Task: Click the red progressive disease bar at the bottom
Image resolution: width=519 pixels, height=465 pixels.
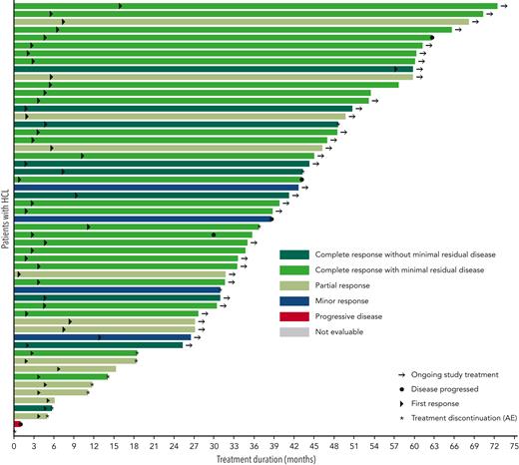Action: pos(17,424)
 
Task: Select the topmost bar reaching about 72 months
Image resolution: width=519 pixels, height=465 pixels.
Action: pos(250,6)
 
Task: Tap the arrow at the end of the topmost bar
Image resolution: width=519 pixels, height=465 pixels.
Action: pos(504,6)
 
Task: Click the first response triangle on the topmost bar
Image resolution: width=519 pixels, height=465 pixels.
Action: pos(121,6)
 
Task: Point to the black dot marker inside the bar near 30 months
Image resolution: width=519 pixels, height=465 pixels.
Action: pos(214,234)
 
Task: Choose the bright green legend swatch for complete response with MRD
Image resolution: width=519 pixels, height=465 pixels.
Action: pos(294,270)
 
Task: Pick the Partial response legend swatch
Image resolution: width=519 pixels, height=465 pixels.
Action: pos(294,285)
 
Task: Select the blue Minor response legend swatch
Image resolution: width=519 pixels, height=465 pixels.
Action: pos(294,300)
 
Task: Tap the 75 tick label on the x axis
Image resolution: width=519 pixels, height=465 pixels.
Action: pos(511,446)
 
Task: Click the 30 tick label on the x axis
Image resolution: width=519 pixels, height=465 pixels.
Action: pos(214,446)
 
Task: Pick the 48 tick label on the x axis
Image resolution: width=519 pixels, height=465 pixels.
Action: pos(332,446)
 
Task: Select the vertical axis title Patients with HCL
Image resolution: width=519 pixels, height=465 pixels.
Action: pos(6,219)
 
